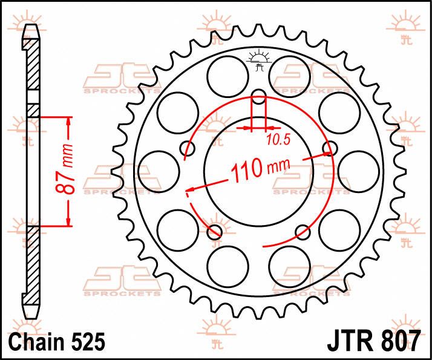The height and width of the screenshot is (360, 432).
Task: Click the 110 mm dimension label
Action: click(x=260, y=169)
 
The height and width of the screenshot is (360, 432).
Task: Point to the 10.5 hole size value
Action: click(x=278, y=140)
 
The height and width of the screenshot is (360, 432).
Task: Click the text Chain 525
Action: click(x=57, y=342)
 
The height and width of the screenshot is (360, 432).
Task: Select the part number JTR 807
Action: click(x=373, y=342)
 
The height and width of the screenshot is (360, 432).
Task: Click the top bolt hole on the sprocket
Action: click(x=259, y=97)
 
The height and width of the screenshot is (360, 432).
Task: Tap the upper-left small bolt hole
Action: click(x=188, y=148)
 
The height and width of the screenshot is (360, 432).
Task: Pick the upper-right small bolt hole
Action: click(x=330, y=148)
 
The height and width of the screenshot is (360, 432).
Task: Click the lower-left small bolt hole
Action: click(x=215, y=232)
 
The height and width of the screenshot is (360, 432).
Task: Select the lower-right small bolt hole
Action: click(x=303, y=232)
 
